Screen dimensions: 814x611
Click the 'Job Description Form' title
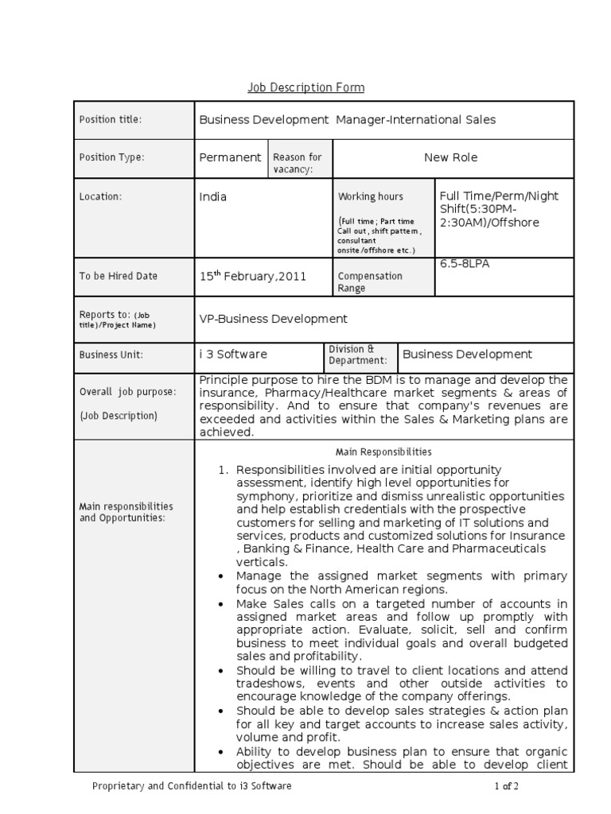305,87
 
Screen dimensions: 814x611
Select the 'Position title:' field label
110,119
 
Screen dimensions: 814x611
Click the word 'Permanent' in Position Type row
230,157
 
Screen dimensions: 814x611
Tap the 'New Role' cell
450,157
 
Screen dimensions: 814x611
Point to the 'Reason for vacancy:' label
298,163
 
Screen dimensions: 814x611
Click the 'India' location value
213,196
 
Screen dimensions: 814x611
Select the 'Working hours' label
371,196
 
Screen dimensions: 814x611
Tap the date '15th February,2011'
252,276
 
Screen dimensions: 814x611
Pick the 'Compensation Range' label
371,282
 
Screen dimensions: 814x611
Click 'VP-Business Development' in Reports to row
273,319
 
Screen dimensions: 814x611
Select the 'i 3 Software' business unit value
233,354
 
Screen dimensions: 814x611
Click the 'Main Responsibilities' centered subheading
383,452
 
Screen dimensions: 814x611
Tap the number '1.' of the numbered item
224,470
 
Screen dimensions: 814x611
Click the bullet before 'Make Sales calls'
219,604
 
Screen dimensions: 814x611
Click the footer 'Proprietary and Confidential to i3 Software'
192,786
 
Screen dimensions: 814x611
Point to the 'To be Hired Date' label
119,277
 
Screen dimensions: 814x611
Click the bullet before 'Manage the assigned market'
219,576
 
